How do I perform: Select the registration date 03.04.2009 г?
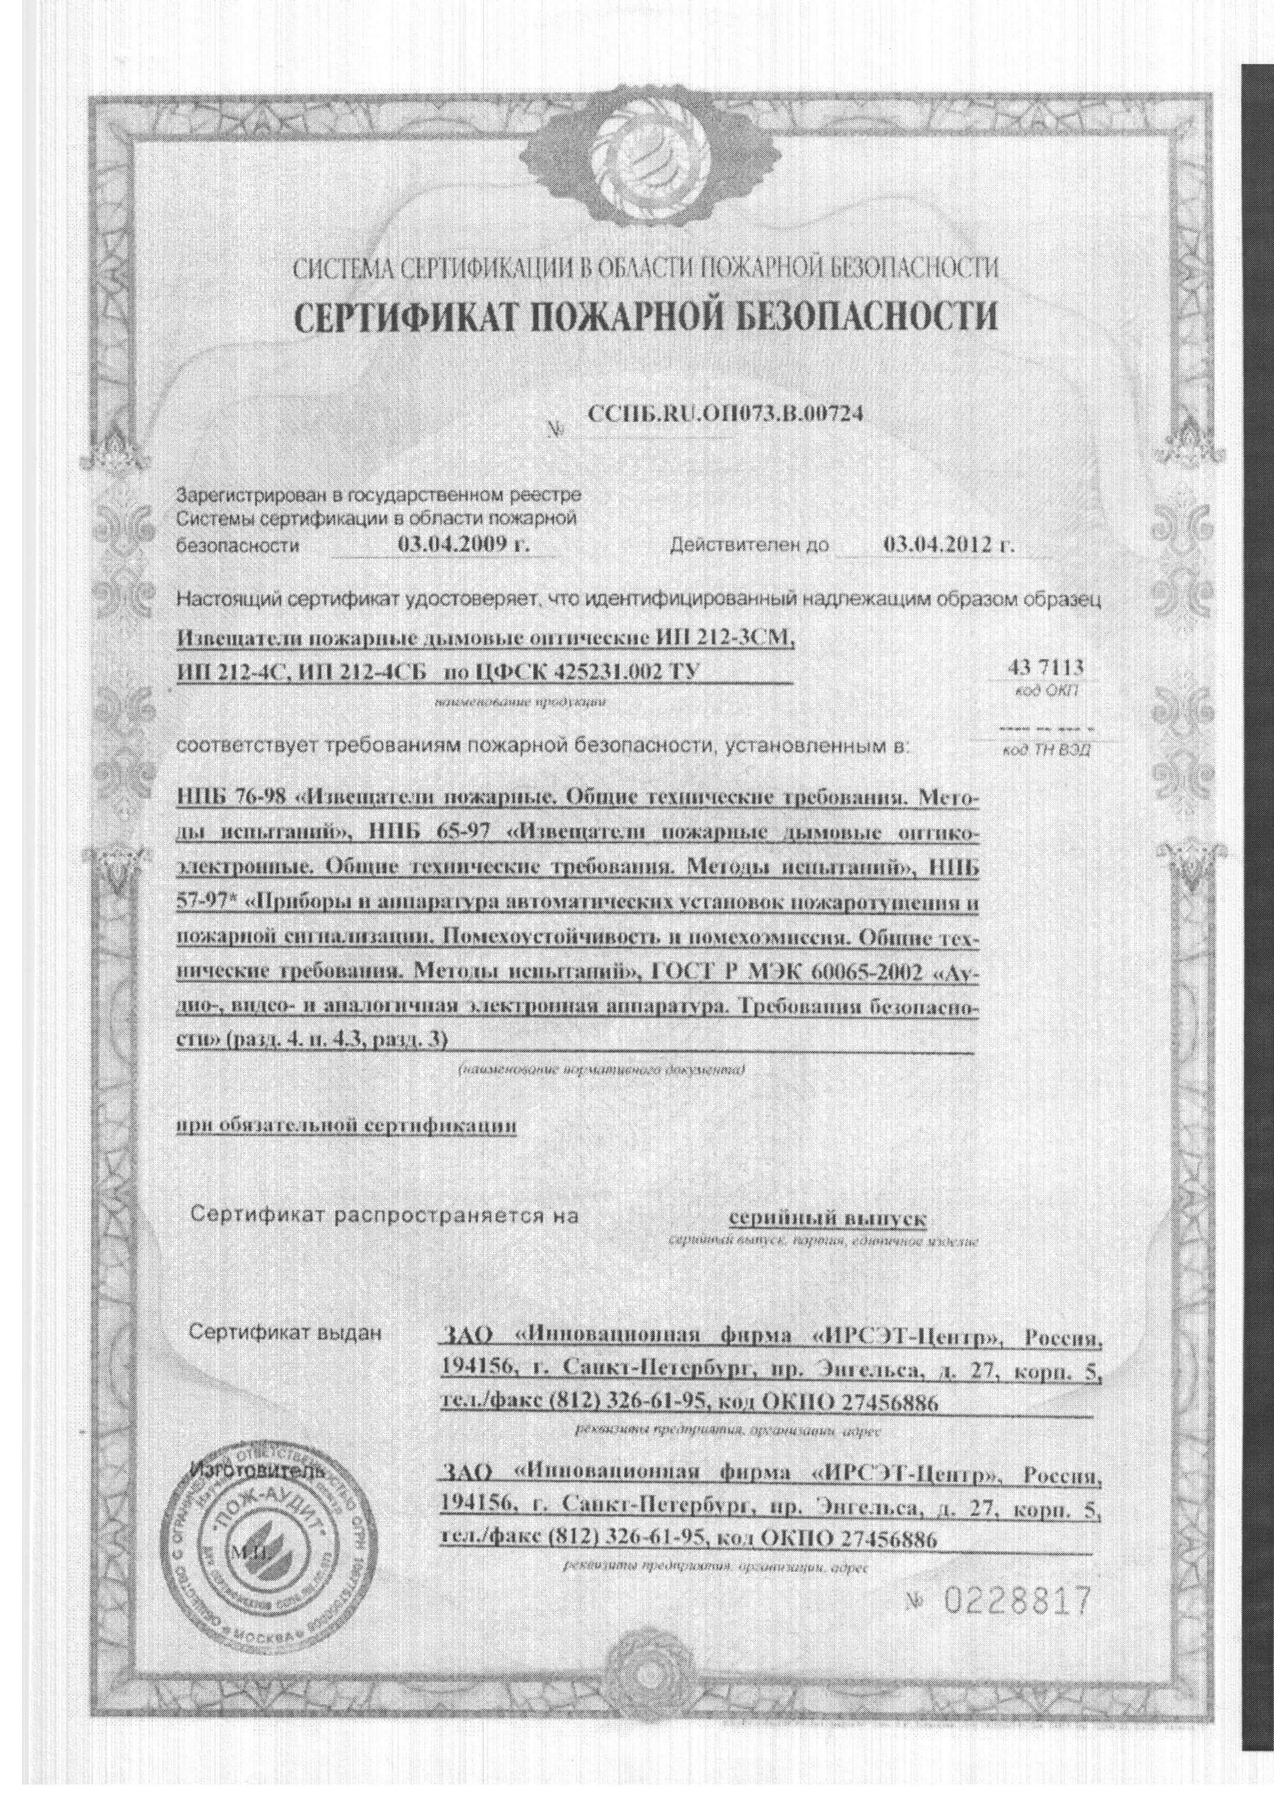click(x=463, y=545)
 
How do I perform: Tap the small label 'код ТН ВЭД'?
click(x=1044, y=751)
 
